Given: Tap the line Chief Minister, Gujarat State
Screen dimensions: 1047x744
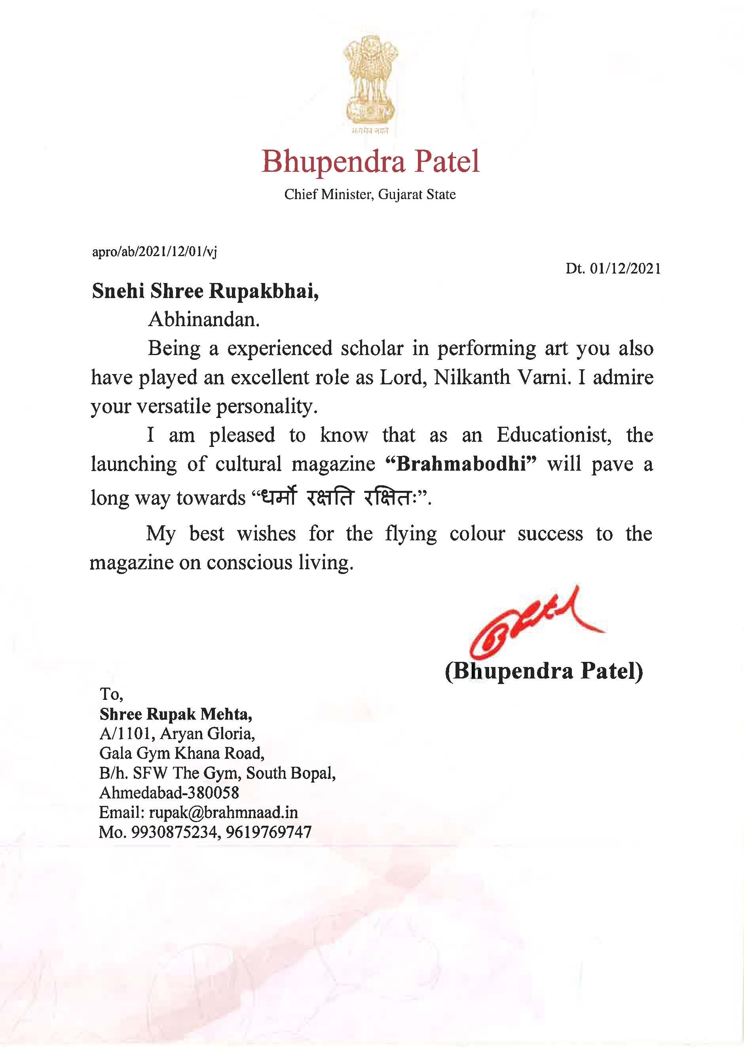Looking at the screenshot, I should [370, 194].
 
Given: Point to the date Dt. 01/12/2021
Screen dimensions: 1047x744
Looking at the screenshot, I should [613, 268].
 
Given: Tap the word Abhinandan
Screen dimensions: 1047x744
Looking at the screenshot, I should [203, 320].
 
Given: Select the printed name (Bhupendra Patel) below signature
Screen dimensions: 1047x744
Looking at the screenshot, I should [544, 671].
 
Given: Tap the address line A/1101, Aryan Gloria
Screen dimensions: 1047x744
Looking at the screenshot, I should [177, 733].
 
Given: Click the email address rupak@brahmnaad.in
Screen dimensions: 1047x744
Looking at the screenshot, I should [223, 812].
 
